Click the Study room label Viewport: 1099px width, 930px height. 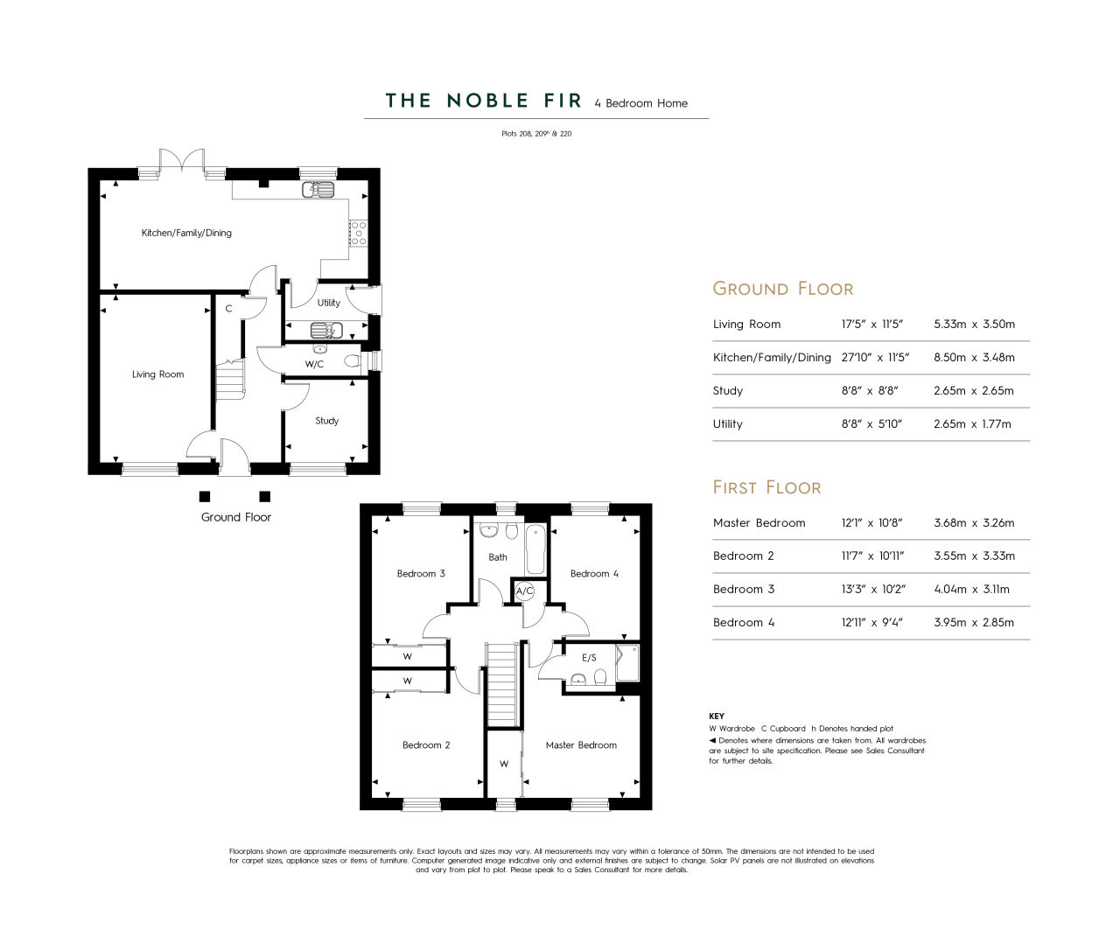(x=326, y=421)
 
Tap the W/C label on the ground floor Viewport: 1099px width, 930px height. (x=314, y=364)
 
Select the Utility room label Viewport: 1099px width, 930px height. (x=329, y=303)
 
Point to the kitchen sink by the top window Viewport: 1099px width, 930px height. (x=318, y=189)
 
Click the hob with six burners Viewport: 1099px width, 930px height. (x=358, y=233)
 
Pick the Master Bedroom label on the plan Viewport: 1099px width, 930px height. (x=581, y=745)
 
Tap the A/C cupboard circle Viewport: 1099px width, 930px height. (x=524, y=591)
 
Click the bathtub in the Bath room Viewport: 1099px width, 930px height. (x=535, y=549)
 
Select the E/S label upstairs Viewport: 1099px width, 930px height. (x=589, y=658)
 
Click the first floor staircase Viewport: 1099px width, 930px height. (x=502, y=684)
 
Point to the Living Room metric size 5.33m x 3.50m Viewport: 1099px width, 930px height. (x=974, y=325)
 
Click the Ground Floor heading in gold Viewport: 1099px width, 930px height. (x=782, y=289)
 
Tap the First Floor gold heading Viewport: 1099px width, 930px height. (x=766, y=487)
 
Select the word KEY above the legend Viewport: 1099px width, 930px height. (x=716, y=717)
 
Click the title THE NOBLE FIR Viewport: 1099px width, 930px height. (x=483, y=101)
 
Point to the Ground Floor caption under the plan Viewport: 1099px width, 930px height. (x=236, y=517)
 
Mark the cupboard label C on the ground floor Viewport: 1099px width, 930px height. (x=228, y=309)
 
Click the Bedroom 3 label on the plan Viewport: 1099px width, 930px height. (x=421, y=574)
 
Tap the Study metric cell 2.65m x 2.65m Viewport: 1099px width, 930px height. (x=974, y=391)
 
